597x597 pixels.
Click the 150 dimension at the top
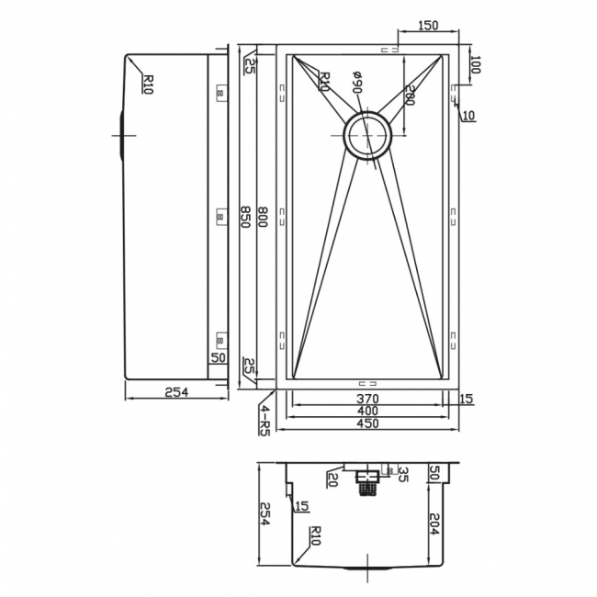tap(426, 26)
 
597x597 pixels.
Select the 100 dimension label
tap(475, 64)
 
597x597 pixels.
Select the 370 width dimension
tap(368, 399)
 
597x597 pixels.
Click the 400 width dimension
tap(368, 411)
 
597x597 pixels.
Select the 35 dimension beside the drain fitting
tap(402, 475)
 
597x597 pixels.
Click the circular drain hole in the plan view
tap(367, 136)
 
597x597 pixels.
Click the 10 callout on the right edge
tap(468, 115)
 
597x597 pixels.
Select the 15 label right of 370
tap(466, 399)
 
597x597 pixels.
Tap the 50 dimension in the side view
tap(219, 358)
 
